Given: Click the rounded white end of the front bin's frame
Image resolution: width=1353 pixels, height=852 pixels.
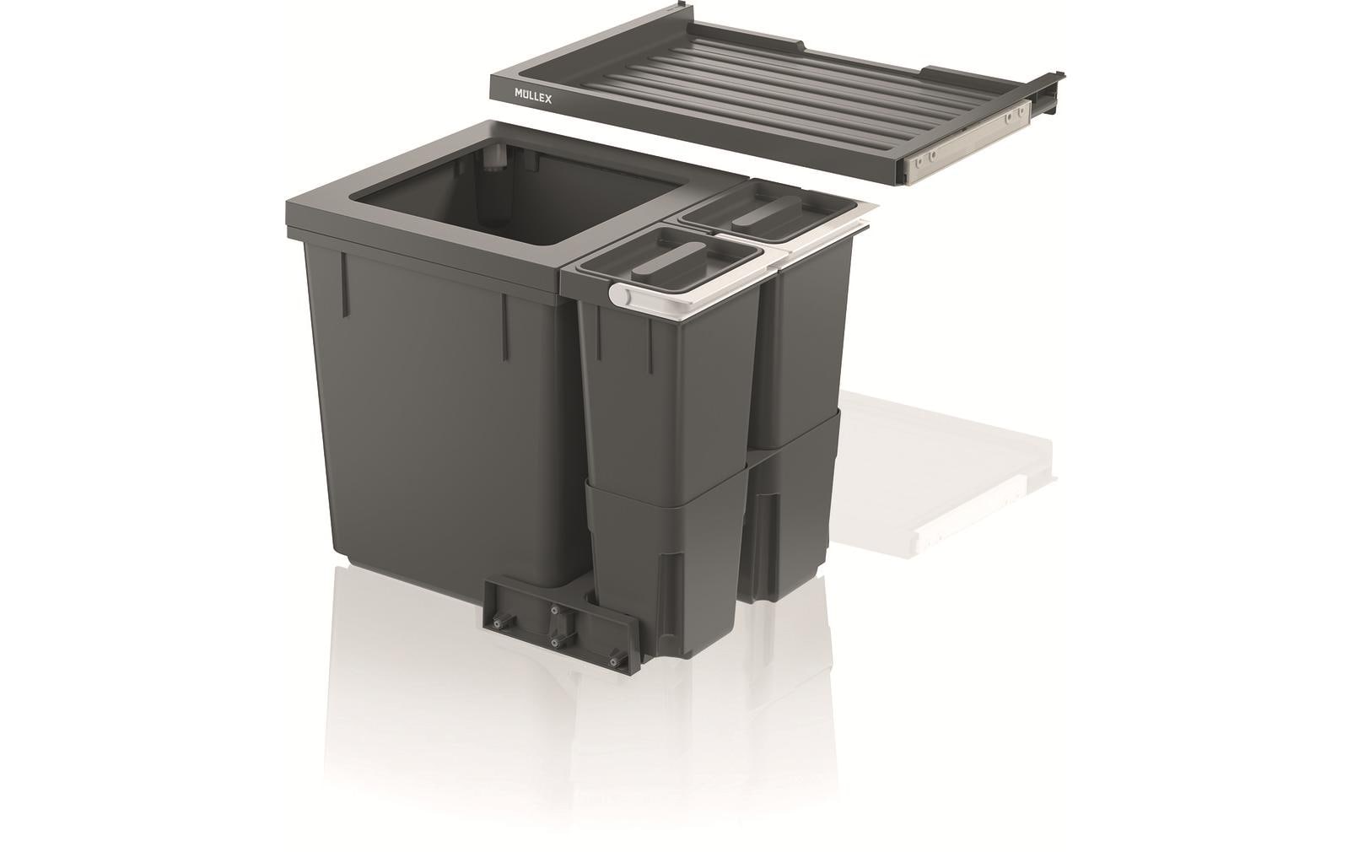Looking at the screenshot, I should (x=618, y=294).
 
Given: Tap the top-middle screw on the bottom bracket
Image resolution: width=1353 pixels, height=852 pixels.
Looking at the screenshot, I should (x=554, y=609).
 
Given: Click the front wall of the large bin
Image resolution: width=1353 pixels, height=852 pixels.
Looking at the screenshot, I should (x=439, y=422).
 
